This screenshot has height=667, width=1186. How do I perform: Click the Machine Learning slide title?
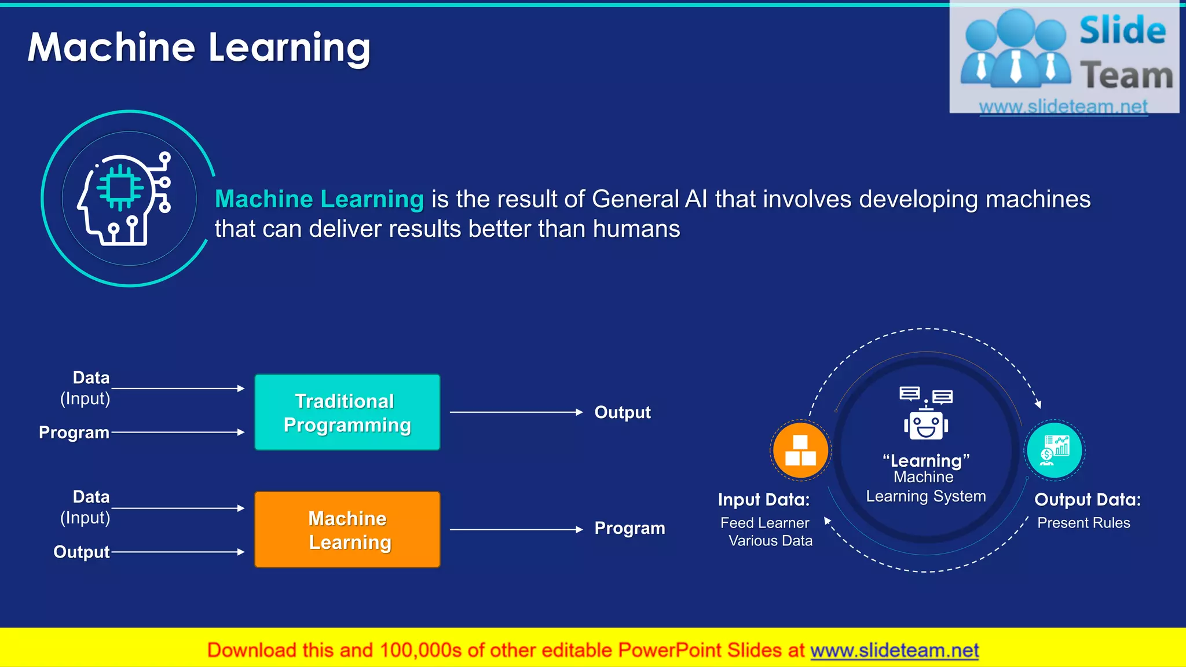coord(199,47)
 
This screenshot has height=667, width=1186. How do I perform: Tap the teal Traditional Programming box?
coord(347,412)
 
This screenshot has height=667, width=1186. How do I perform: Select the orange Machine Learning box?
coord(347,530)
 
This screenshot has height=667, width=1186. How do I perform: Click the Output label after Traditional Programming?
coord(623,412)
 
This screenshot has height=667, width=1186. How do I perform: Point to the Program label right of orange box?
coord(629,528)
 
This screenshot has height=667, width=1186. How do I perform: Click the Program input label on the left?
coord(74,433)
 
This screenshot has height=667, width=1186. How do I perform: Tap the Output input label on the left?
coord(81,552)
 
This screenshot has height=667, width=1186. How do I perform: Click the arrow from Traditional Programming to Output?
coord(515,412)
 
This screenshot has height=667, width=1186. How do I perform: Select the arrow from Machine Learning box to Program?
coord(515,529)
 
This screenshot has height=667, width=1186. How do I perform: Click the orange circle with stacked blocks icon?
coord(800,450)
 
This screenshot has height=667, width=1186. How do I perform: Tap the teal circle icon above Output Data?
coord(1055,450)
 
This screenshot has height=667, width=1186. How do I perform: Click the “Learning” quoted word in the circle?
coord(926,461)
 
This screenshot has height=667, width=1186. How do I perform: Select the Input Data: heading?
coord(763,500)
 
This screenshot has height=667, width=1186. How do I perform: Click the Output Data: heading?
coord(1087,500)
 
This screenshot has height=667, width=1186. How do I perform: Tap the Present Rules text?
coord(1083,523)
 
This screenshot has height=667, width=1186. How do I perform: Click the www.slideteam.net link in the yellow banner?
coord(894,650)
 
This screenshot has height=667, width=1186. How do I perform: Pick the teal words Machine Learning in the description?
coord(319,199)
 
